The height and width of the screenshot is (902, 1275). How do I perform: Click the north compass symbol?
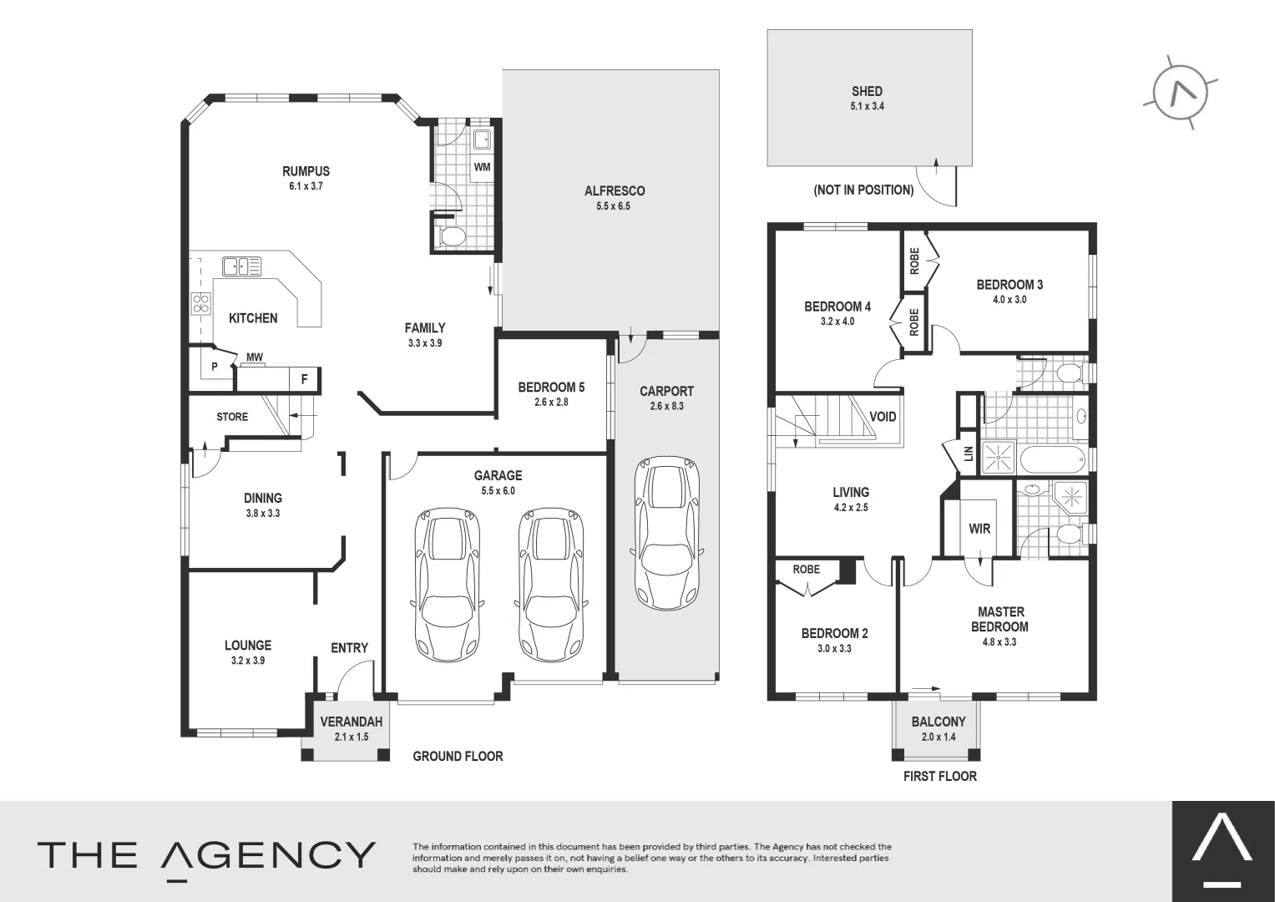(1180, 95)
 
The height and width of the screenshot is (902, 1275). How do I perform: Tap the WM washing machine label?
(482, 167)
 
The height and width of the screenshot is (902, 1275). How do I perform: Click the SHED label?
(867, 91)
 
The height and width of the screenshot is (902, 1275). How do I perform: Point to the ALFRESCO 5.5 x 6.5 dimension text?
(614, 205)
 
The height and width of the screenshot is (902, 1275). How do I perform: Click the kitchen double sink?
(240, 266)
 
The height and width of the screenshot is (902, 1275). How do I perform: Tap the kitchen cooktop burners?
(200, 302)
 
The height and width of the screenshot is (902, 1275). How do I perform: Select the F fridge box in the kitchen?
(305, 379)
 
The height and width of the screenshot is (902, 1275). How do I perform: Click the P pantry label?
(214, 367)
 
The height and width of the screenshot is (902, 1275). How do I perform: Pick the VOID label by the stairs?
(883, 417)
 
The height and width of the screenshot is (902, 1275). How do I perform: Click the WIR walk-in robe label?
(979, 529)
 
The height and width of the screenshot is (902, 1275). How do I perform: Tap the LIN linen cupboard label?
(969, 454)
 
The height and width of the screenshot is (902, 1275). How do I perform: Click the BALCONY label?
(939, 722)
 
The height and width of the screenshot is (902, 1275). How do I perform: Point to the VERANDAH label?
(352, 722)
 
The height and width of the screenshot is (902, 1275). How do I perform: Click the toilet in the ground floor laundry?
(452, 236)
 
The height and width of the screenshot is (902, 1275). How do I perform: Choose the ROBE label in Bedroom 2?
(806, 570)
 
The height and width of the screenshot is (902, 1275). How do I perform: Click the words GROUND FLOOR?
(458, 756)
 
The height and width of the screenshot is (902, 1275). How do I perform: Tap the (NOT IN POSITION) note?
(863, 190)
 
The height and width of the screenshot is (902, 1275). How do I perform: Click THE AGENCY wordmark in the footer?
(206, 855)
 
